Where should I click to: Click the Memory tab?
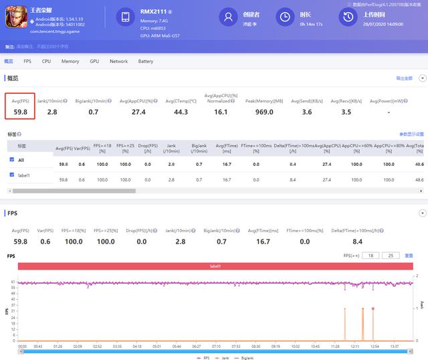[70, 62]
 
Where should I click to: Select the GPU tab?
[94, 62]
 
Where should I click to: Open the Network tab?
[118, 62]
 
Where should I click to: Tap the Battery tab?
[145, 62]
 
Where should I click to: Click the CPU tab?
[46, 62]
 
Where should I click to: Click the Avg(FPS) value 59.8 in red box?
[20, 112]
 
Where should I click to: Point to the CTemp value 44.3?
[181, 112]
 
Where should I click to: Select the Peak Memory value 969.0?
[264, 112]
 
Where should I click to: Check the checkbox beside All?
[11, 160]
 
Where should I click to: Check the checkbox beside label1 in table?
[11, 175]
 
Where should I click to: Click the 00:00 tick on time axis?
[22, 347]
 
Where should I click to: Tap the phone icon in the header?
[126, 17]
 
